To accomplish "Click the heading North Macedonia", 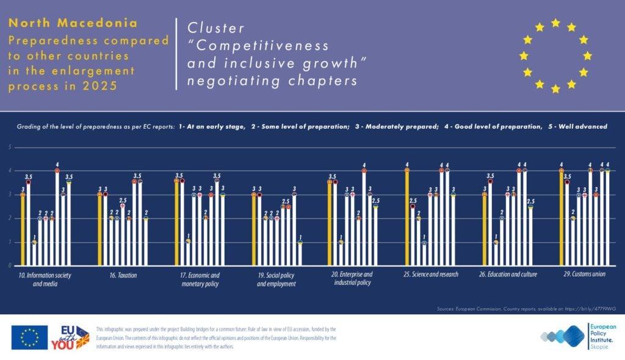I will pos(73,23).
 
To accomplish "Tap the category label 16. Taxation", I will pos(125,275).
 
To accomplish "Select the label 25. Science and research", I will pos(431,275).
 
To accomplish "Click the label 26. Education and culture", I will pos(508,275).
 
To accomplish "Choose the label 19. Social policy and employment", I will pos(276,279).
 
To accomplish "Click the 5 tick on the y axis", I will pos(9,147).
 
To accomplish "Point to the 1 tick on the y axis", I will pos(9,242).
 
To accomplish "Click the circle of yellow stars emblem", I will pos(555,56).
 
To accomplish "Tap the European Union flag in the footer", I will pos(29,337).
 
